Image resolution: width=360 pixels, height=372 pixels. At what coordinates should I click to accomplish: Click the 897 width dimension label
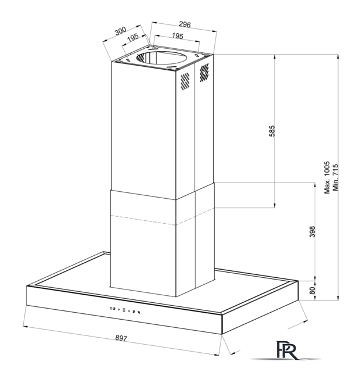[121, 338]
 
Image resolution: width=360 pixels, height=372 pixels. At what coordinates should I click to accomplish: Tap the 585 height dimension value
[272, 131]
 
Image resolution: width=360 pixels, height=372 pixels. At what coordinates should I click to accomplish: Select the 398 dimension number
[312, 231]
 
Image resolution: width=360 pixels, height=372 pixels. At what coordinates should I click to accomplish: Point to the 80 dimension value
[312, 291]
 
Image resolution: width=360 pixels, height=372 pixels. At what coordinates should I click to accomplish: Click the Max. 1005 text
[327, 177]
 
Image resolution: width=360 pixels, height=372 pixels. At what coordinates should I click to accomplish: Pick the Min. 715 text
[336, 177]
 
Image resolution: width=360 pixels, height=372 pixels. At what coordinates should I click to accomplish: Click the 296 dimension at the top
[185, 24]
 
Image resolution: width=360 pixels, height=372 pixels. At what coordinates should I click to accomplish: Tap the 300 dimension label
[120, 31]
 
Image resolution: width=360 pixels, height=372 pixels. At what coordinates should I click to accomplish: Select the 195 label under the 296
[178, 36]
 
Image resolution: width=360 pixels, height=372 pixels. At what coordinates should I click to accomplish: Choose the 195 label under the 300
[133, 37]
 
